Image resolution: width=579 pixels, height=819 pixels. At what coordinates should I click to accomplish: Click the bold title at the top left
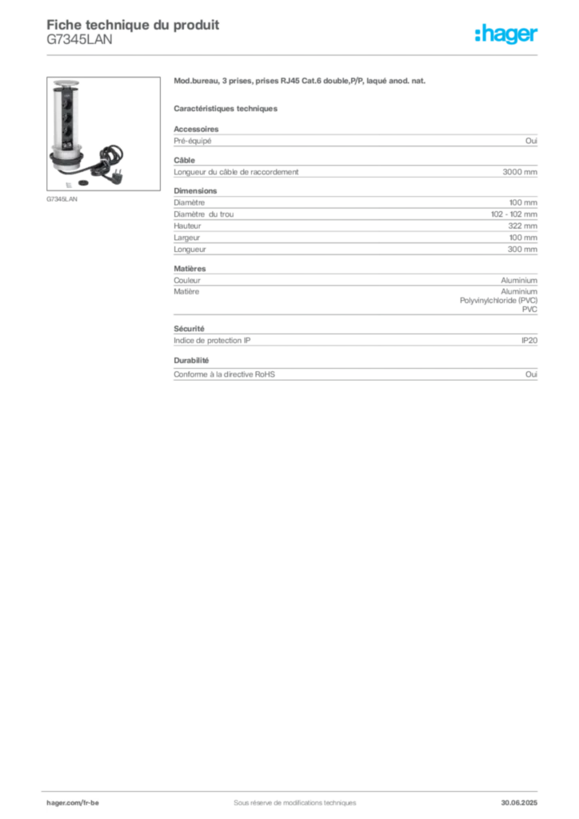pos(132,23)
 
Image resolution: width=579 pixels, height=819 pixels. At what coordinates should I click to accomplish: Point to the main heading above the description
pos(301,82)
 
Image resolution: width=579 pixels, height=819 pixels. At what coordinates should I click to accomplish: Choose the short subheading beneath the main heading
pos(226,107)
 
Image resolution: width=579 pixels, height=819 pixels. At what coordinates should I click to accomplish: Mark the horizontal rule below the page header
pos(320,54)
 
